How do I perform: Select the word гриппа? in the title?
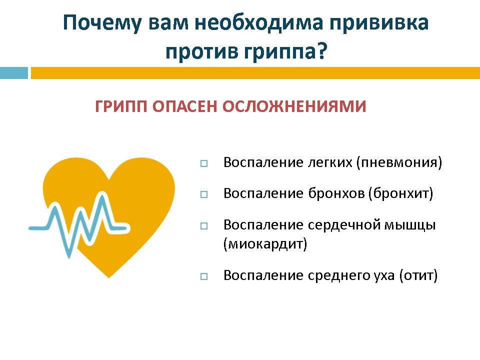pyautogui.click(x=285, y=51)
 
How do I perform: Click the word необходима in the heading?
pyautogui.click(x=258, y=22)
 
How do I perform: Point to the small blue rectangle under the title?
pyautogui.click(x=14, y=73)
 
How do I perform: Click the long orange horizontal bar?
pyautogui.click(x=255, y=73)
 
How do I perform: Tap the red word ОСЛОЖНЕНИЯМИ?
pyautogui.click(x=294, y=106)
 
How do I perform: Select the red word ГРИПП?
pyautogui.click(x=121, y=106)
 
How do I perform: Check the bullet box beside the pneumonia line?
pyautogui.click(x=204, y=163)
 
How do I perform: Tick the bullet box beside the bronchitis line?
pyautogui.click(x=204, y=194)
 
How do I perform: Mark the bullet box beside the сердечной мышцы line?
pyautogui.click(x=204, y=226)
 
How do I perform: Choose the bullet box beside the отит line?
pyautogui.click(x=204, y=276)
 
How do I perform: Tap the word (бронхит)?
pyautogui.click(x=400, y=193)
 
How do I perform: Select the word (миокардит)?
pyautogui.click(x=265, y=244)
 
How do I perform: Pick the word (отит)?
pyautogui.click(x=418, y=275)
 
